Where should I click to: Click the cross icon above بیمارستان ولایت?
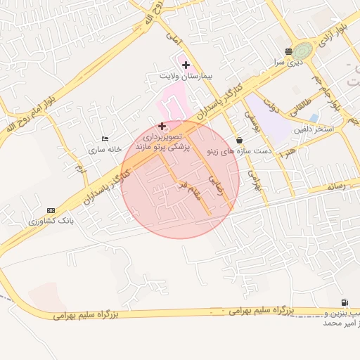[x=186, y=65]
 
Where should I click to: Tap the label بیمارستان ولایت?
[x=186, y=75]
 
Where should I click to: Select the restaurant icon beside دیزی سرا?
[x=288, y=51]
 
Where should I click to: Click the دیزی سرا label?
[x=288, y=61]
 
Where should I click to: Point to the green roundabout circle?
[x=303, y=51]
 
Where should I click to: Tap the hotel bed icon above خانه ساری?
[x=105, y=139]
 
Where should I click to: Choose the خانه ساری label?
[x=105, y=149]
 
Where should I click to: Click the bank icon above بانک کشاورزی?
[x=51, y=210]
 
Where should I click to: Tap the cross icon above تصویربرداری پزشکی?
[x=162, y=127]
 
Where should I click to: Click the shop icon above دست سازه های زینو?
[x=240, y=139]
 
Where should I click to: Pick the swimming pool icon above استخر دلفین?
[x=314, y=117]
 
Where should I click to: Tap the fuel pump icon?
[x=344, y=302]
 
